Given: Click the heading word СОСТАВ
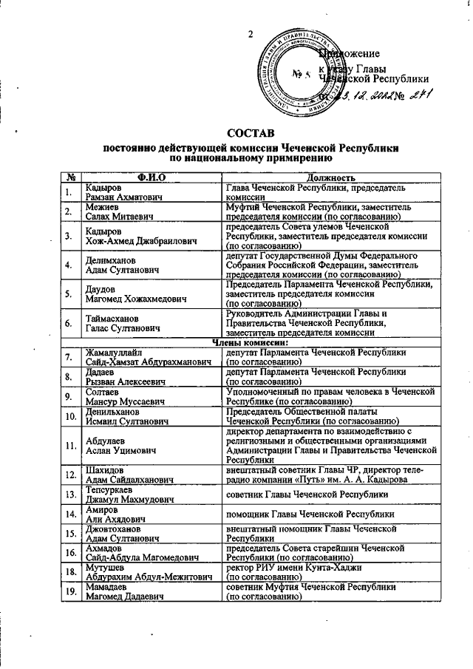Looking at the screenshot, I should pyautogui.click(x=251, y=133).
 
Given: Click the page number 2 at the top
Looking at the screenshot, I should pyautogui.click(x=250, y=34).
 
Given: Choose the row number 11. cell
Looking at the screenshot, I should pyautogui.click(x=71, y=446).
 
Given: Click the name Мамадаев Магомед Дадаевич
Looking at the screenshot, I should pyautogui.click(x=122, y=591).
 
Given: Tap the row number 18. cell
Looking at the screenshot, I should pyautogui.click(x=71, y=571).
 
